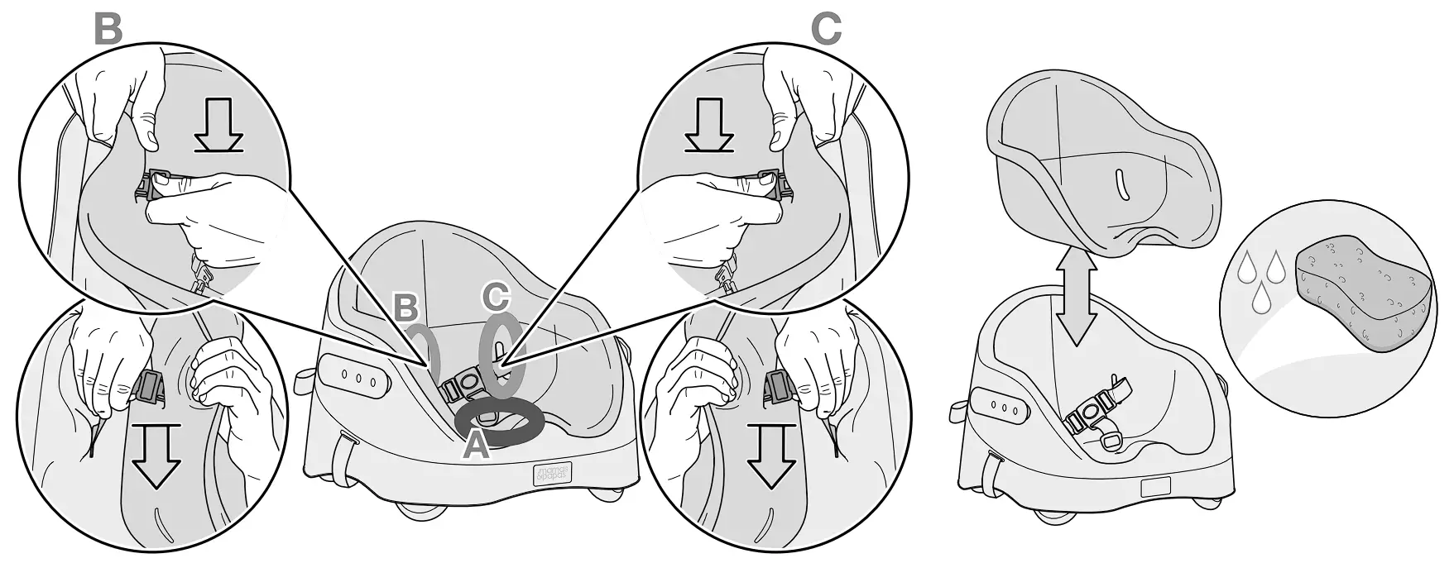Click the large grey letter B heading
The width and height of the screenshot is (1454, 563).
(x=108, y=28)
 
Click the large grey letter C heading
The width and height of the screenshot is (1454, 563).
(x=825, y=28)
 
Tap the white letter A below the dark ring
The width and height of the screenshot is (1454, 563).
(x=475, y=446)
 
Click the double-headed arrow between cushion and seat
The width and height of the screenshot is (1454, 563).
(x=1078, y=305)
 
